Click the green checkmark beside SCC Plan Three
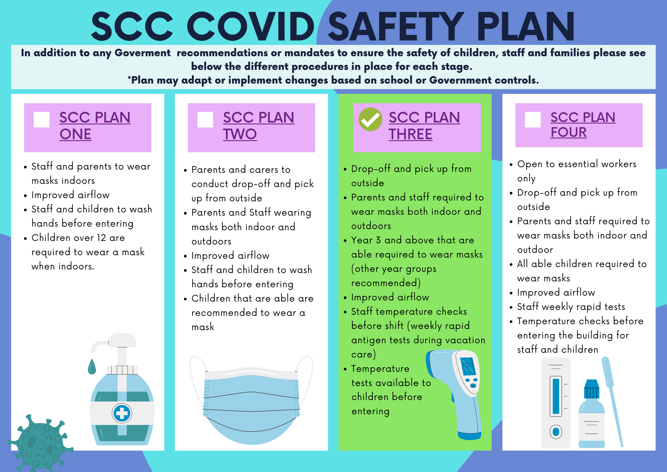point(370,119)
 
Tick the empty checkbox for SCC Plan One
point(41,120)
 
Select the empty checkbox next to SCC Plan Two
point(205,120)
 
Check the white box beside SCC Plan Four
point(533,120)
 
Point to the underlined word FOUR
point(568,132)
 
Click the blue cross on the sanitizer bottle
point(122,413)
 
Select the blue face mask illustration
point(251,400)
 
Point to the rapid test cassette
point(556,403)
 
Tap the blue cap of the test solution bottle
point(592,389)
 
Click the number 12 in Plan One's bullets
point(101,238)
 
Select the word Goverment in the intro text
point(143,53)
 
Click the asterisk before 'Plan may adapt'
point(129,78)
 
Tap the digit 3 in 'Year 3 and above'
point(378,240)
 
